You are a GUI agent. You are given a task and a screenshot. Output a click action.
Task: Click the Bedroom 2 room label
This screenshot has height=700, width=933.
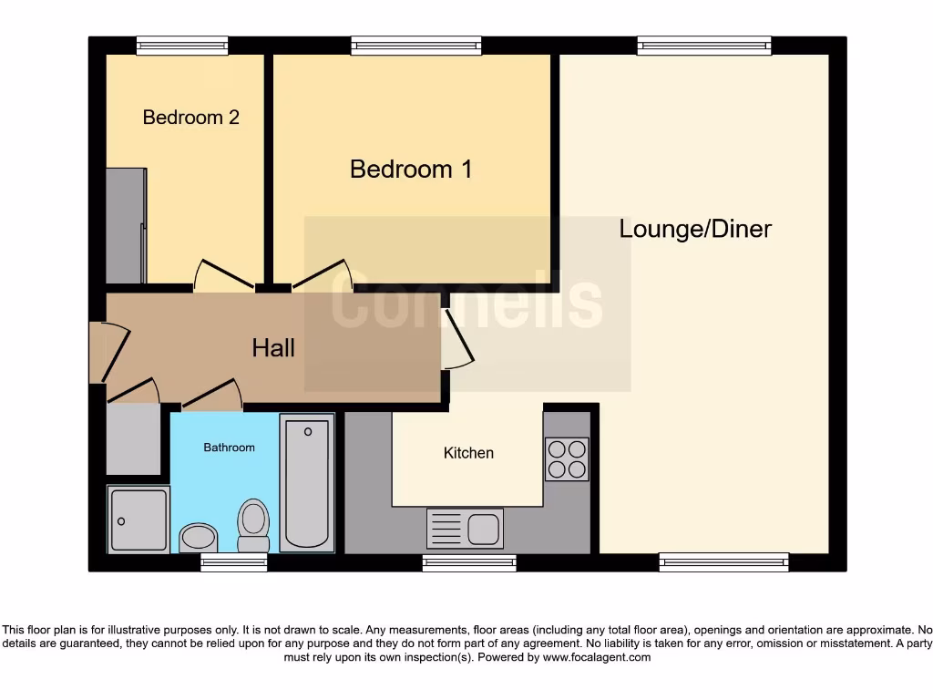pos(191,118)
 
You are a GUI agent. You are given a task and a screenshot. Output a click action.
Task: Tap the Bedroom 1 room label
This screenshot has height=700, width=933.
pos(411,170)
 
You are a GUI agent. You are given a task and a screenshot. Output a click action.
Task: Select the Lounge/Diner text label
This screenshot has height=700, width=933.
pos(695,229)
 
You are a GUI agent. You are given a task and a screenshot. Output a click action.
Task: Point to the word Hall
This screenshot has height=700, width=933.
pos(273,347)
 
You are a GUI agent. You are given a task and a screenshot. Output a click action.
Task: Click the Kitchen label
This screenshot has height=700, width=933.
pos(468,453)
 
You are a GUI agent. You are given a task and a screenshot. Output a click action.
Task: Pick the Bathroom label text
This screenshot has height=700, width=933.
pos(229,448)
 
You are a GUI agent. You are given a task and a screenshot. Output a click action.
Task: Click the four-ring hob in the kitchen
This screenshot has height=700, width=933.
pos(567,459)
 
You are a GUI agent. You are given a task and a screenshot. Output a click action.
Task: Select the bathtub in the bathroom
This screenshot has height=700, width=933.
pos(307,482)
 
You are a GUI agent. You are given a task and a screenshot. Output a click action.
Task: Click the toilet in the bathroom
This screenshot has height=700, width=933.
pos(253,526)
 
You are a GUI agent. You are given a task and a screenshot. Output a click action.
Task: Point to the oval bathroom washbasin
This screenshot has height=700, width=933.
pos(198,537)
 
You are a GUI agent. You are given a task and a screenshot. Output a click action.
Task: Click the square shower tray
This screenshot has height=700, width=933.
pos(138,520)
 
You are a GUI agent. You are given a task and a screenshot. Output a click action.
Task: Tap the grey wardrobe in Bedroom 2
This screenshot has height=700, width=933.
pos(126,225)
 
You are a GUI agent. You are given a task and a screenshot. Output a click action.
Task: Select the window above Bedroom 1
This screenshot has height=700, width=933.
pos(416,45)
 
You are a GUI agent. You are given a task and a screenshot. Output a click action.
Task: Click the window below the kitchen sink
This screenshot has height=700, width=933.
pos(469,563)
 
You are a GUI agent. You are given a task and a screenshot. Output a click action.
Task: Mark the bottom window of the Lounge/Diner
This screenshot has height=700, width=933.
pos(723,562)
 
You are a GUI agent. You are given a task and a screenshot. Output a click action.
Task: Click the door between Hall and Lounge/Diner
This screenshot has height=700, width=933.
pos(457,339)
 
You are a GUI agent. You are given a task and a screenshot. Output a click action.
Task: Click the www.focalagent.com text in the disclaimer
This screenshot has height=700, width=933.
pos(597,657)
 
